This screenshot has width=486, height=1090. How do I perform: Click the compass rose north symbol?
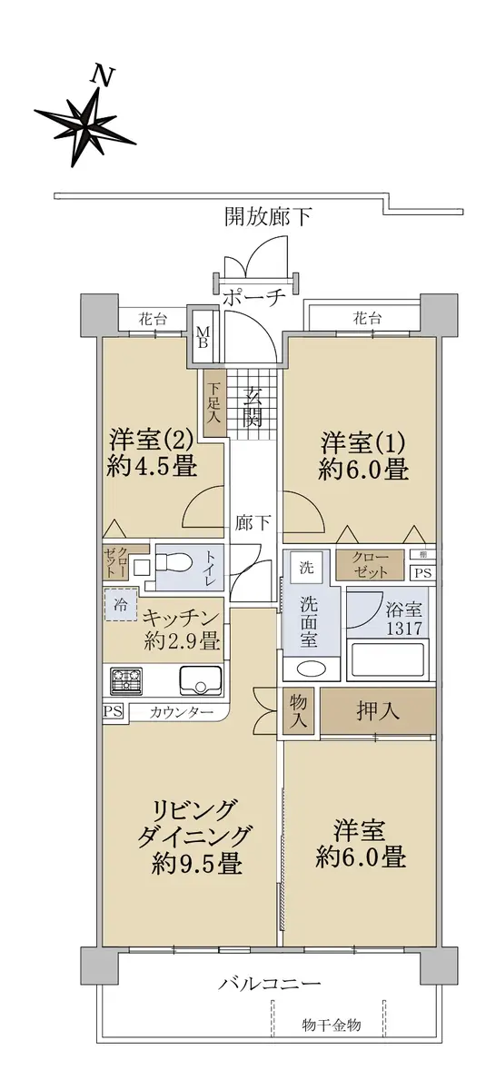(85, 124)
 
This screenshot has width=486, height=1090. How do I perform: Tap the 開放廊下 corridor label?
(267, 216)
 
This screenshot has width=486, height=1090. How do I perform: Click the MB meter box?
(203, 336)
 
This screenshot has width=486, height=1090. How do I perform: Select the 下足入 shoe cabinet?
(214, 403)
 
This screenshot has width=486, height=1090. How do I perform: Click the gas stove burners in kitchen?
(126, 680)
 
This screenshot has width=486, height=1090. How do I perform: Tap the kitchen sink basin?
(200, 680)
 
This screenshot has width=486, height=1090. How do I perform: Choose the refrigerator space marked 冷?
(120, 605)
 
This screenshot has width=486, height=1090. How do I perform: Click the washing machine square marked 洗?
(306, 567)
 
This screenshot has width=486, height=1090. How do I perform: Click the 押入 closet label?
(378, 711)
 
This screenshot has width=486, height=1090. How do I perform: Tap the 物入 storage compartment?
(298, 711)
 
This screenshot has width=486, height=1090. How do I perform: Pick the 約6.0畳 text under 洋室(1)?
(363, 469)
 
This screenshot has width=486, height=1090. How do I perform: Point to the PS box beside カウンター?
(113, 711)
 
